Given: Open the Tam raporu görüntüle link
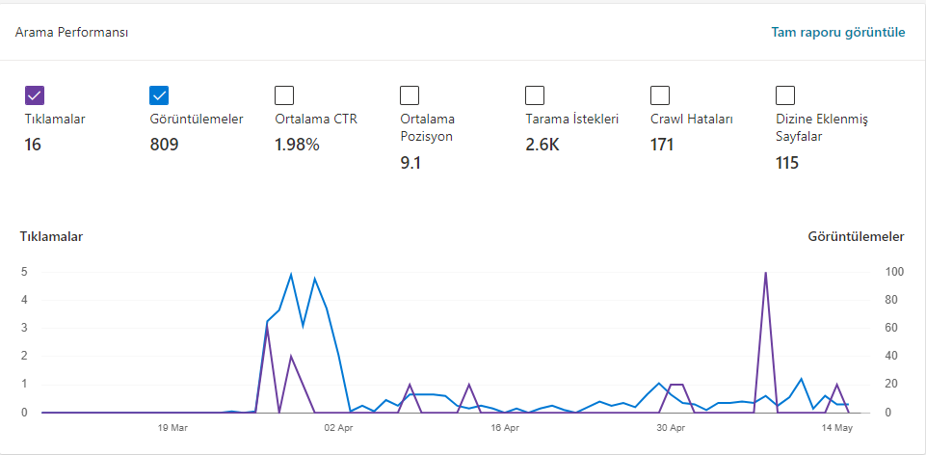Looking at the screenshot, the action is tap(837, 32).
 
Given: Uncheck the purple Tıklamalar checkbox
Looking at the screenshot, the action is tap(35, 95).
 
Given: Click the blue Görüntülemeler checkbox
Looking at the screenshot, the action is tap(159, 95).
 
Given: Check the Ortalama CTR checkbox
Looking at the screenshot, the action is tap(284, 95).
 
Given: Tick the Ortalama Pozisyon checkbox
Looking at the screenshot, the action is tap(410, 95).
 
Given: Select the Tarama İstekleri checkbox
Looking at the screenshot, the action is tap(535, 95).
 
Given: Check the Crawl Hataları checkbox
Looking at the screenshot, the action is tap(660, 95).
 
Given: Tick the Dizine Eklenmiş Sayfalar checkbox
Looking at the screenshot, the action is tap(785, 95).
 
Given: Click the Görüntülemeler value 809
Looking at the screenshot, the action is tap(164, 145).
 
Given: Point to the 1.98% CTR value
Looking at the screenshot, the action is tap(297, 145).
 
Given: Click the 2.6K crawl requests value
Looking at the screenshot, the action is tap(542, 145).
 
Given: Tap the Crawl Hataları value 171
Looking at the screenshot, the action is tap(662, 145).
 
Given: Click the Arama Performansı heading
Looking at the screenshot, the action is tap(71, 32).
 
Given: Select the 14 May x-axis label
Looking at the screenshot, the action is tap(838, 428).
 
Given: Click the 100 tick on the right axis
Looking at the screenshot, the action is tap(894, 272).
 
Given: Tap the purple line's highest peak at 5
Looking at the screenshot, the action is tap(765, 273).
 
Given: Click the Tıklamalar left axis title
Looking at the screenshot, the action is tap(51, 237).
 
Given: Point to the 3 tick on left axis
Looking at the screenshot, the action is tap(25, 328).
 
